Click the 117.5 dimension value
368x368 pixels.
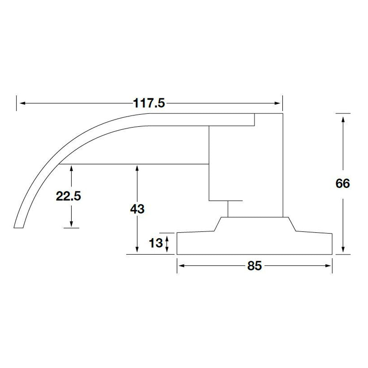pyautogui.click(x=149, y=104)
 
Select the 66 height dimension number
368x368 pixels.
pyautogui.click(x=342, y=183)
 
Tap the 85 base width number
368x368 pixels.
pyautogui.click(x=254, y=266)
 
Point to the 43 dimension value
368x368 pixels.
pyautogui.click(x=137, y=209)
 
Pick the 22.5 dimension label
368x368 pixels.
pyautogui.click(x=68, y=196)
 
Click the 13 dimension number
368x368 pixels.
pyautogui.click(x=156, y=243)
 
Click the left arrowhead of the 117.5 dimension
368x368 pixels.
pyautogui.click(x=22, y=104)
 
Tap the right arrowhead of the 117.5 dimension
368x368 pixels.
pyautogui.click(x=279, y=104)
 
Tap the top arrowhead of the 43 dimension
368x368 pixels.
pyautogui.click(x=137, y=169)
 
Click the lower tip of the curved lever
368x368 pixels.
pyautogui.click(x=19, y=225)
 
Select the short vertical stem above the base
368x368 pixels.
pyautogui.click(x=228, y=209)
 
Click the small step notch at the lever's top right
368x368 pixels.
pyautogui.click(x=255, y=119)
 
